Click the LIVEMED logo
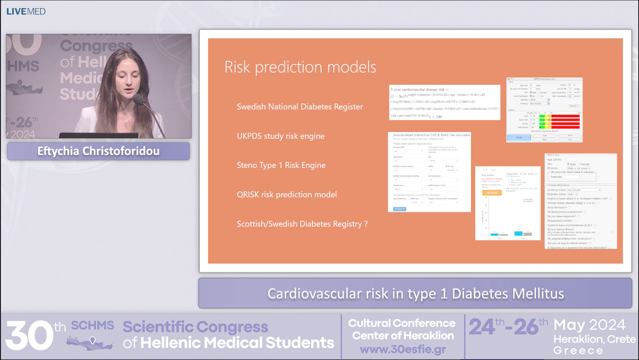(25, 11)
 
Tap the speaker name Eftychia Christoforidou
(98, 151)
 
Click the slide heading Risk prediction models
(300, 66)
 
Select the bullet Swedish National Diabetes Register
(299, 107)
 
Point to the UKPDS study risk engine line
(280, 136)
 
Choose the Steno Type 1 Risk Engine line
(281, 165)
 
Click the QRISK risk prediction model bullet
(286, 194)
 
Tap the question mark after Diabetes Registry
(366, 224)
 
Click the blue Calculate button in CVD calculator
(400, 209)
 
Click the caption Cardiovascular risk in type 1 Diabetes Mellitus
(415, 293)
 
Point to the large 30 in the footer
(28, 336)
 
